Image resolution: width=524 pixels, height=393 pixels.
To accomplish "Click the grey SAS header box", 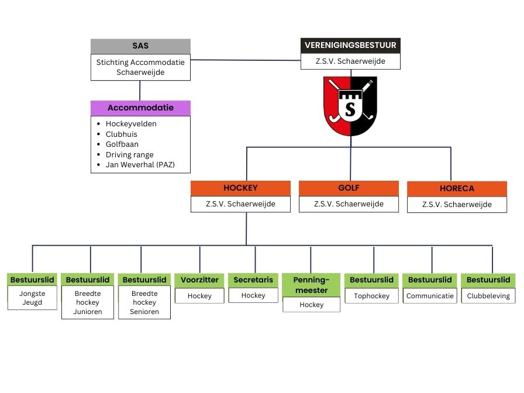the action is pyautogui.click(x=140, y=46).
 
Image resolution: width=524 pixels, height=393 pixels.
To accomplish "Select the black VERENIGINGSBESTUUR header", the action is pyautogui.click(x=350, y=46).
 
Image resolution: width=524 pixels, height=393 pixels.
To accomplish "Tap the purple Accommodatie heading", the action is pyautogui.click(x=140, y=108).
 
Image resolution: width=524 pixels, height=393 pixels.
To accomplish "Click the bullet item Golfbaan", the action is pyautogui.click(x=122, y=144).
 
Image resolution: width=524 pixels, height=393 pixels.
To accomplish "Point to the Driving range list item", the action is pyautogui.click(x=130, y=155).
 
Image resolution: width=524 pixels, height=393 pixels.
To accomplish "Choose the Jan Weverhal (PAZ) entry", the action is pyautogui.click(x=140, y=165).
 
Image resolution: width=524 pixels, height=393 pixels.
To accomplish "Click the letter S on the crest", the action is pyautogui.click(x=350, y=109).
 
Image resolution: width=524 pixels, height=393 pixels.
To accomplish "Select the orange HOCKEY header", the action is pyautogui.click(x=240, y=188).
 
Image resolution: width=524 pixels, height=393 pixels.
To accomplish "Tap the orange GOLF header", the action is pyautogui.click(x=349, y=188).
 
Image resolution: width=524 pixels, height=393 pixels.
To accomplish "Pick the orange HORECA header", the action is pyautogui.click(x=457, y=189).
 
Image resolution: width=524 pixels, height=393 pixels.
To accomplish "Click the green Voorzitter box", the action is pyautogui.click(x=199, y=280).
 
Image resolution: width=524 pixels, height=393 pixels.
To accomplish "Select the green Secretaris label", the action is pyautogui.click(x=253, y=280).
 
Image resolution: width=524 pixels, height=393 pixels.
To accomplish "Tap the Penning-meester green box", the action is pyautogui.click(x=311, y=285).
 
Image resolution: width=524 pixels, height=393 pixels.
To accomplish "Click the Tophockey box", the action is pyautogui.click(x=371, y=296).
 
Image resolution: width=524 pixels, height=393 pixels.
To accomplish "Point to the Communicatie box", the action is pyautogui.click(x=430, y=296).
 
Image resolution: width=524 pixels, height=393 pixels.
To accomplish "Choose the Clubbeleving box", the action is pyautogui.click(x=488, y=296).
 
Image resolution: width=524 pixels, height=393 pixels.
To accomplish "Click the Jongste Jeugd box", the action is pyautogui.click(x=32, y=298).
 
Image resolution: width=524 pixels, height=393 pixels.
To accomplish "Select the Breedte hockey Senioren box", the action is pyautogui.click(x=144, y=302).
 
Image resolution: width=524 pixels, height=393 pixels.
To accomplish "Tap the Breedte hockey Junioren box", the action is pyautogui.click(x=88, y=302).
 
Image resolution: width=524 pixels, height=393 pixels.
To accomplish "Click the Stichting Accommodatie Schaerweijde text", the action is pyautogui.click(x=140, y=67).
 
